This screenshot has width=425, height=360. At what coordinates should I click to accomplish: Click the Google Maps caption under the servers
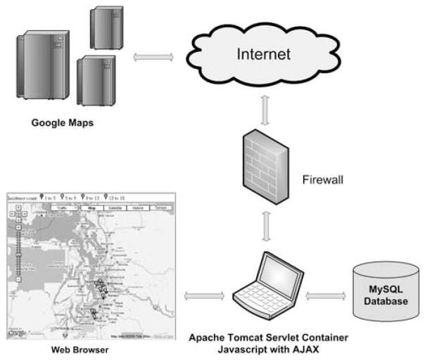[x=62, y=122]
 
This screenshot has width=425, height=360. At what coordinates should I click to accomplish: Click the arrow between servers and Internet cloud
[x=153, y=56]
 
